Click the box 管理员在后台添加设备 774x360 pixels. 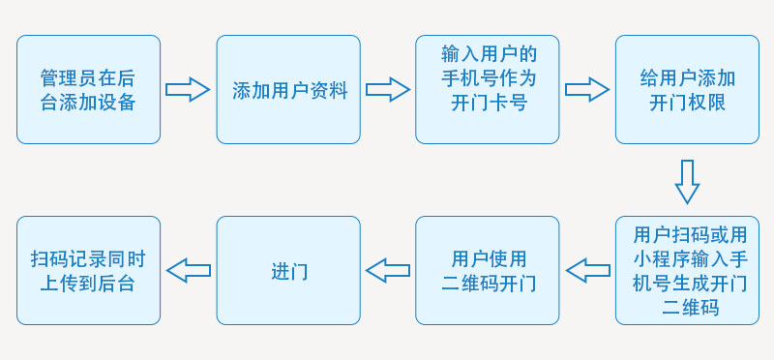click(x=88, y=90)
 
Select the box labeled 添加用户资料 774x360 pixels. click(x=288, y=90)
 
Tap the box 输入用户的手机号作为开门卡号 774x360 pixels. click(x=488, y=90)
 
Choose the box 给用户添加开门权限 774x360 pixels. click(x=687, y=90)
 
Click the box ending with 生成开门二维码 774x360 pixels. click(x=687, y=271)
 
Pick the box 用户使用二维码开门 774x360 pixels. click(x=488, y=271)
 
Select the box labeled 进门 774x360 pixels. click(x=288, y=271)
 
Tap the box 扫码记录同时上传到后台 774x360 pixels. click(x=88, y=271)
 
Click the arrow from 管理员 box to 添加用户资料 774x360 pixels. click(x=188, y=90)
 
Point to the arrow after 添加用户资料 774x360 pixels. click(x=388, y=90)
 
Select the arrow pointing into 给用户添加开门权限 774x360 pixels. click(x=587, y=90)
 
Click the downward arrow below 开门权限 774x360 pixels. click(x=687, y=181)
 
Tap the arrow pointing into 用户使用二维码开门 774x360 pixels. click(x=587, y=271)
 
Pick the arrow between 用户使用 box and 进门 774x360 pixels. click(x=388, y=271)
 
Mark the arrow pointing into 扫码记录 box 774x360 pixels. click(x=188, y=271)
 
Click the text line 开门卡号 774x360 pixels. click(x=488, y=103)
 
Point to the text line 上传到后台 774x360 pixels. click(x=88, y=284)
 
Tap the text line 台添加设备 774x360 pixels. click(x=88, y=103)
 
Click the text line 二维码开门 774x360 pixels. click(x=488, y=284)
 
